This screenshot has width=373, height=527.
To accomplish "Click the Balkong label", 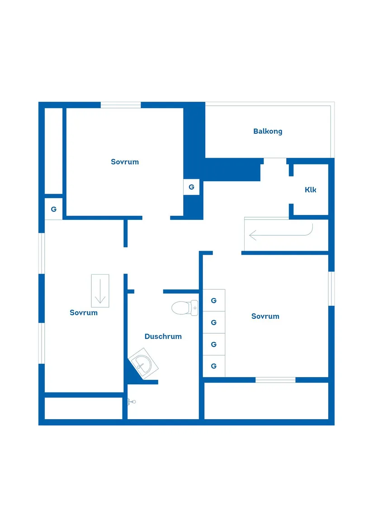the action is tap(268, 131).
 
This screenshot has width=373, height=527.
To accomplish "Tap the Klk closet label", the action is tap(311, 190).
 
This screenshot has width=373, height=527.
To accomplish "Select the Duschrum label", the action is tap(163, 336).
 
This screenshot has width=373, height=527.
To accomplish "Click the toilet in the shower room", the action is tap(185, 308).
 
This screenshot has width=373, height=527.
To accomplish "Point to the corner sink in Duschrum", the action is tap(143, 364).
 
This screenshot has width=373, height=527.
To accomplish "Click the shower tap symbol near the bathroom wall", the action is tap(131, 401).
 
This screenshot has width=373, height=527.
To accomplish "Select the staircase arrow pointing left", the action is tap(281, 233).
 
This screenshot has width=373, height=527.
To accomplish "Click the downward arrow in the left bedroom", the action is tap(100, 291).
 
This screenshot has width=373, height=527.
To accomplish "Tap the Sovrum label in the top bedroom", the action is tap(125, 162).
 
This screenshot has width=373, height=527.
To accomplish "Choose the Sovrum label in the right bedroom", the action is tap(265, 316).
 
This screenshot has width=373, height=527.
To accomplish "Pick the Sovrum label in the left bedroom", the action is tap(84, 313).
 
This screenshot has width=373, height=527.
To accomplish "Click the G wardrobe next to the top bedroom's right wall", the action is tap(191, 187).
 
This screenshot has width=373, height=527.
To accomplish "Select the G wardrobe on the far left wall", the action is tap(53, 209).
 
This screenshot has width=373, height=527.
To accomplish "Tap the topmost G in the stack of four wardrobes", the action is tap(214, 300).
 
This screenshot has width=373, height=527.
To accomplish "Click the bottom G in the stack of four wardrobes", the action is tap(214, 366).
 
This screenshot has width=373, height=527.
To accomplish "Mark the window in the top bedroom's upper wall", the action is tap(121, 105).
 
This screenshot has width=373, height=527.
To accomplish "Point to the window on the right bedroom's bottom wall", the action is tap(275, 380).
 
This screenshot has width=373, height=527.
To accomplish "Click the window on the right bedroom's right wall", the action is tap(331, 289).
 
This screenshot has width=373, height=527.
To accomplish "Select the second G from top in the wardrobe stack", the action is tap(214, 322).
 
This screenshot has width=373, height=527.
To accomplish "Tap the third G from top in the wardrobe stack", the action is tap(214, 344).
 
